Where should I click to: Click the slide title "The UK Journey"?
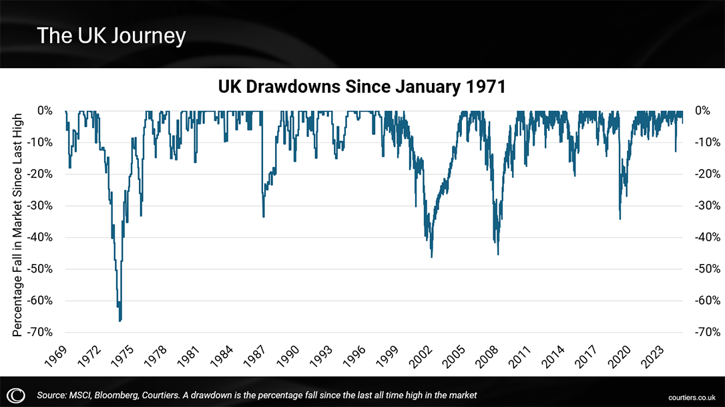click(111, 35)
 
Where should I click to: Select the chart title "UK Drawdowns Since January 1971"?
click(362, 87)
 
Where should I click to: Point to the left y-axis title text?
click(18, 224)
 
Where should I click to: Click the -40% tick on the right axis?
click(706, 237)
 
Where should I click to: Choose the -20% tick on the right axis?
click(706, 174)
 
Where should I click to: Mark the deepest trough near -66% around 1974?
click(120, 321)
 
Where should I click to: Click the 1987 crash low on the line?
click(263, 217)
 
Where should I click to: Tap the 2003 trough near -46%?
click(431, 257)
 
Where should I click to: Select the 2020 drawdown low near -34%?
click(620, 219)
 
